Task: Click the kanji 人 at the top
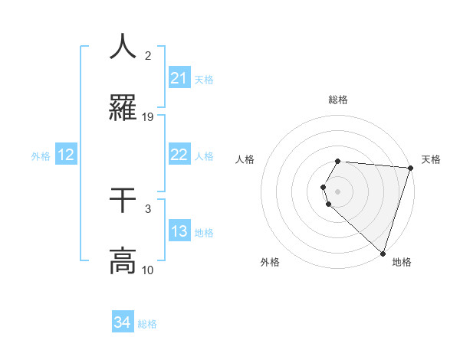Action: click(x=123, y=47)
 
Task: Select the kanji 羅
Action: click(x=123, y=108)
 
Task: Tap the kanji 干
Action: click(x=123, y=201)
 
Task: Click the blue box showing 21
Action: click(x=179, y=78)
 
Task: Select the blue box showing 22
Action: click(x=179, y=155)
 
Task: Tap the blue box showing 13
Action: click(x=179, y=231)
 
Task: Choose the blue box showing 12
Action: click(x=66, y=155)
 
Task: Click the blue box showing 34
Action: click(x=123, y=323)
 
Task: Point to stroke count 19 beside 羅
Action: click(x=148, y=117)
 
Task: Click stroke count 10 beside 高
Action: click(x=148, y=270)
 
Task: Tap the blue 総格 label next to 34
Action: click(x=148, y=324)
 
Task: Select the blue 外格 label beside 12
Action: click(x=41, y=156)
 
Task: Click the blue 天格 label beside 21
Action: click(x=204, y=79)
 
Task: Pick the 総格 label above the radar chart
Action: click(x=338, y=100)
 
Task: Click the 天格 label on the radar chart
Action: click(x=431, y=159)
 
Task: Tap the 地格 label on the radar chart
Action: click(x=402, y=262)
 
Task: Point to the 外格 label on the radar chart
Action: click(x=270, y=262)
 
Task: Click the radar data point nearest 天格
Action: click(x=410, y=168)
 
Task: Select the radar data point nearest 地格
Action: click(x=383, y=254)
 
